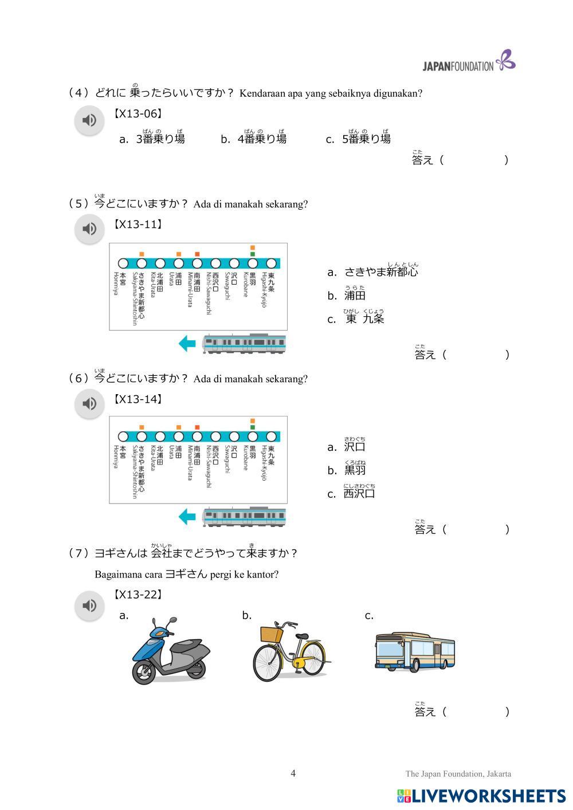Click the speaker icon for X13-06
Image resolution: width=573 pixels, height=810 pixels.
89,120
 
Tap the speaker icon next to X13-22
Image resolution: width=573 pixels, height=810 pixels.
89,605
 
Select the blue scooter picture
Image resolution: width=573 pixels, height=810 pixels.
170,651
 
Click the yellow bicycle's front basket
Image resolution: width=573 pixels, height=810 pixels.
272,634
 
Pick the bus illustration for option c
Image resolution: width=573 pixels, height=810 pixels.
414,651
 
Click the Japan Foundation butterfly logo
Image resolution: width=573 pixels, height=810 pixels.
506,60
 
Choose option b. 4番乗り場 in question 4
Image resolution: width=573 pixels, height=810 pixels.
254,139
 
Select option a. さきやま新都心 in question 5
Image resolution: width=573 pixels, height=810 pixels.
373,272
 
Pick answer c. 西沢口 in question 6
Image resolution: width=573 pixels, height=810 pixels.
351,494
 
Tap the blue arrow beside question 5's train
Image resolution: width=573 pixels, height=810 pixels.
187,344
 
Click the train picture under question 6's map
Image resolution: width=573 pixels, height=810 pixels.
244,517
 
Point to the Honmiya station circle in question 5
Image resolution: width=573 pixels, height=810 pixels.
123,264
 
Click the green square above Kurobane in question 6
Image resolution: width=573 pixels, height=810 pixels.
252,427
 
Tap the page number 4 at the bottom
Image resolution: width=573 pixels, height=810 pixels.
293,773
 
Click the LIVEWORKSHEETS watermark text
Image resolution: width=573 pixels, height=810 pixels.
488,796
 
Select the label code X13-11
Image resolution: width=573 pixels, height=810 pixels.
138,225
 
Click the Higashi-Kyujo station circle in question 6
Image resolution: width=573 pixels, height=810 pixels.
271,437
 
